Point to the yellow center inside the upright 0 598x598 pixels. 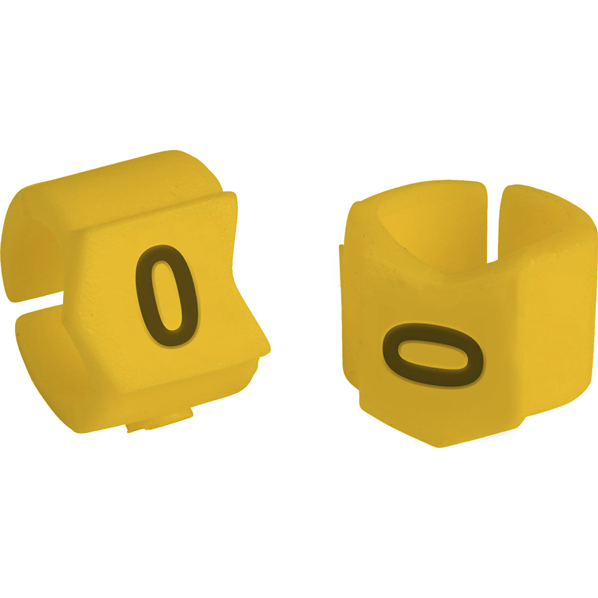166,295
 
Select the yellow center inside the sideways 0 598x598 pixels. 433,355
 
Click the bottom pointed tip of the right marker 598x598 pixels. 439,444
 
